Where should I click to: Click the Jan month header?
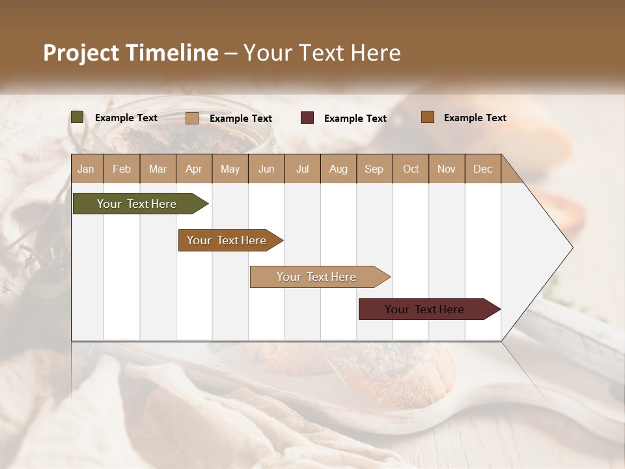click(x=87, y=169)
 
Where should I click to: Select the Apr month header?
click(x=194, y=169)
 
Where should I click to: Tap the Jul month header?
click(x=302, y=169)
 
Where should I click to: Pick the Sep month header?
click(x=374, y=169)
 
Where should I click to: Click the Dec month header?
click(x=482, y=169)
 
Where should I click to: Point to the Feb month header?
click(x=122, y=169)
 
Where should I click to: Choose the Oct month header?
click(x=411, y=169)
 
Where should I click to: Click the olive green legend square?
click(x=77, y=117)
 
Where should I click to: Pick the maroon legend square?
click(x=307, y=118)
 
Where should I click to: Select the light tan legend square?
click(x=192, y=118)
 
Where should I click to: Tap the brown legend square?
click(x=427, y=117)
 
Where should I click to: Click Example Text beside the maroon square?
click(x=355, y=118)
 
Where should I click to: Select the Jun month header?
click(x=266, y=169)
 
